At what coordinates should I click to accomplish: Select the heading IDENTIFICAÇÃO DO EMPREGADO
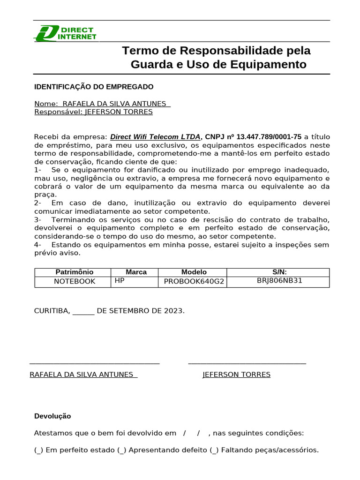click(x=94, y=87)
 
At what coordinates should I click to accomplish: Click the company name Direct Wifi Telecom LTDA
click(x=155, y=137)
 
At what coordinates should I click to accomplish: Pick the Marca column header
click(x=136, y=272)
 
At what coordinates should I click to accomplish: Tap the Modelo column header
click(x=194, y=272)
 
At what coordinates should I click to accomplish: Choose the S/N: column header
click(x=279, y=272)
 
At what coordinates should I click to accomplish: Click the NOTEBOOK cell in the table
click(x=75, y=281)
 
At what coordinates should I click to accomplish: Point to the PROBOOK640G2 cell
click(x=194, y=281)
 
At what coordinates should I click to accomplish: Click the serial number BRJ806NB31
click(x=279, y=280)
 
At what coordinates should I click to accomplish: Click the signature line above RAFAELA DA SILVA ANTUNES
click(x=94, y=363)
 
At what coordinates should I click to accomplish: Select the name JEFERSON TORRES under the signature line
click(x=236, y=375)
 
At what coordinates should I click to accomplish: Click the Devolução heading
click(x=52, y=416)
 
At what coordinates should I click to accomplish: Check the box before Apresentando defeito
click(x=122, y=450)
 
